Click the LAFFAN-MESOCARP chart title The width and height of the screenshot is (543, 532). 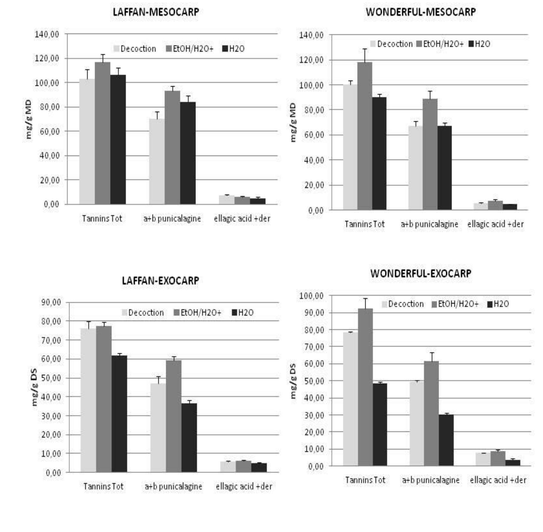coord(156,12)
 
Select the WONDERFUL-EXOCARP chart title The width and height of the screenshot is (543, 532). coord(421,273)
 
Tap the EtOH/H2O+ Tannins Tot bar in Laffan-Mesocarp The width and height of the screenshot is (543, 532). coord(103,133)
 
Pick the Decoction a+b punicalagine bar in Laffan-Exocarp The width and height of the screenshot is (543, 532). coord(158,428)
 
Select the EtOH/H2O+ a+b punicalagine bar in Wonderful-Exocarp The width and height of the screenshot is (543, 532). coord(431,413)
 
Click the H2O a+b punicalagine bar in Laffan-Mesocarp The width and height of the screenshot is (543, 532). coord(188,153)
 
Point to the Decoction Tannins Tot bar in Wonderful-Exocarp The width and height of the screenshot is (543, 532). coord(350,399)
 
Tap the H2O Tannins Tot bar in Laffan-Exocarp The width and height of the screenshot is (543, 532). coord(119,414)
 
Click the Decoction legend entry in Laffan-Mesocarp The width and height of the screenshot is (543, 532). coord(135,49)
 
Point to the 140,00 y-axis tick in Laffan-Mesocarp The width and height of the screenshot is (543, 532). coord(47,34)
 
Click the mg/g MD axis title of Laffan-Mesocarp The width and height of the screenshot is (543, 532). coord(29,119)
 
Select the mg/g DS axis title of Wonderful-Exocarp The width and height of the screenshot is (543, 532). coord(293,381)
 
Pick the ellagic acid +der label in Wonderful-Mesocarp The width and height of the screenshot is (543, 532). coord(495,224)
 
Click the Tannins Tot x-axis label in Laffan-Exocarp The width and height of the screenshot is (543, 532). coord(103,486)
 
